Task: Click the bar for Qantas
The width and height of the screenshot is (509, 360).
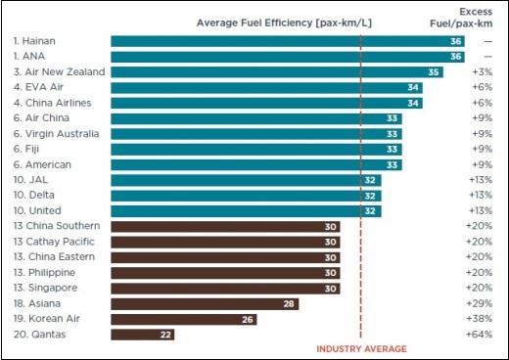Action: (x=143, y=335)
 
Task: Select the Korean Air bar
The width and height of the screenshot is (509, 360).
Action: (x=184, y=319)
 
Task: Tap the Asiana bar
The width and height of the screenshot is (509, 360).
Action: (x=205, y=304)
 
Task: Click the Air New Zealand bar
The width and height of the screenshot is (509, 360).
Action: (x=277, y=72)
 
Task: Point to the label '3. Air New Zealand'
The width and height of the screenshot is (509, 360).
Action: (x=59, y=71)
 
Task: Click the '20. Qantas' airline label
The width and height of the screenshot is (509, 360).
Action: (x=39, y=335)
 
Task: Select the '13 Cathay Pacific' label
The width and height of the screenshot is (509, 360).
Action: (x=54, y=242)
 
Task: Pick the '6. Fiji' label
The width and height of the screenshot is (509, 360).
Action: (x=26, y=149)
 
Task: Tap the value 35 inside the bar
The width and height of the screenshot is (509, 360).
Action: (x=434, y=72)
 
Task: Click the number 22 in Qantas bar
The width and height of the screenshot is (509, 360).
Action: (x=165, y=335)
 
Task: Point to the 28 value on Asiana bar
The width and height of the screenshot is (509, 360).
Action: (x=289, y=304)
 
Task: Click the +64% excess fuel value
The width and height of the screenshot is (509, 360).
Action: (x=479, y=335)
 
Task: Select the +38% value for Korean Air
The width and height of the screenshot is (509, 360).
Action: (x=479, y=319)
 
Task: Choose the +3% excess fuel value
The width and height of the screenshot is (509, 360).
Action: (x=483, y=71)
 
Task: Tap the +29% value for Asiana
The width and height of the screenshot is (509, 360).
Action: (x=479, y=303)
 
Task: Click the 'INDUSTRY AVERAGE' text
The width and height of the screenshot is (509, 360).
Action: (x=361, y=349)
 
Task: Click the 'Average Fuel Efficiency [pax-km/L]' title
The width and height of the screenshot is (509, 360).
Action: (x=284, y=22)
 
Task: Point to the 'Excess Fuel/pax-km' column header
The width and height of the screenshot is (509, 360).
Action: (x=461, y=18)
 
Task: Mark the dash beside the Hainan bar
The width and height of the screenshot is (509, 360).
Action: (x=488, y=41)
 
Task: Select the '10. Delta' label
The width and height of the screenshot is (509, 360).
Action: (x=34, y=195)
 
